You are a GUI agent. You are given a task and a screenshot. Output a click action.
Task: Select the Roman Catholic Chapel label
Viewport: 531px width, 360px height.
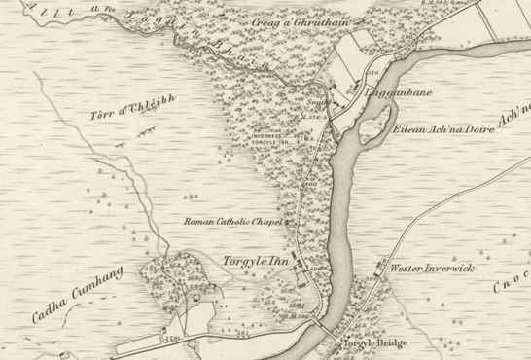[233, 222]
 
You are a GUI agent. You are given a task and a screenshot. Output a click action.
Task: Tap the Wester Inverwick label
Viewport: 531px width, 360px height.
[433, 266]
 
